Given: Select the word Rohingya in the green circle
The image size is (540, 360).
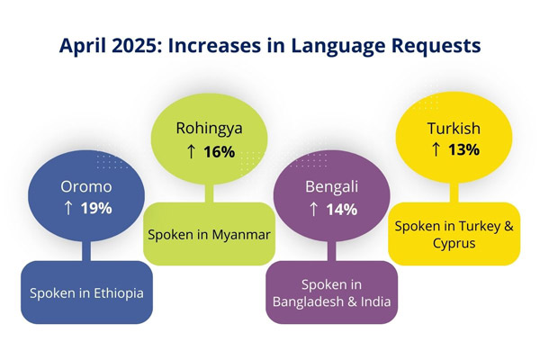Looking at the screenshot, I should click(209, 129).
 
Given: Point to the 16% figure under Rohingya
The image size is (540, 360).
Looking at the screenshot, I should click(219, 151).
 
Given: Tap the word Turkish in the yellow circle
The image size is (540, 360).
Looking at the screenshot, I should click(454, 129).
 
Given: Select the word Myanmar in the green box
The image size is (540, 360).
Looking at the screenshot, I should click(238, 234).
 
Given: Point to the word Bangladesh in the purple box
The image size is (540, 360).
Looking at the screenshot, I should click(311, 301).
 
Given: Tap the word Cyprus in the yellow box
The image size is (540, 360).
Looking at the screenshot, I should click(454, 243).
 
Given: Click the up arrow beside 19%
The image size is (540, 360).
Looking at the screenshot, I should click(68, 208).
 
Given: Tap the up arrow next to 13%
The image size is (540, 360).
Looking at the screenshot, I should click(436, 149).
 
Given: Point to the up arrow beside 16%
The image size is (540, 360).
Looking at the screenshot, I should click(191, 151).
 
